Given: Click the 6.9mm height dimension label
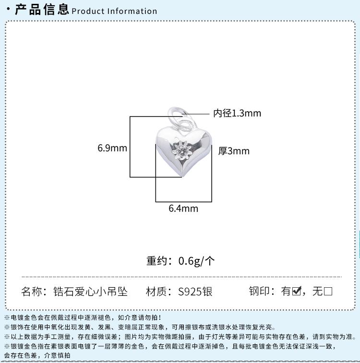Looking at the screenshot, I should (x=112, y=148).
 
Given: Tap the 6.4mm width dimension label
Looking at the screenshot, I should (x=183, y=209).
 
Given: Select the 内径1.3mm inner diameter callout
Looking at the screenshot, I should (x=237, y=114).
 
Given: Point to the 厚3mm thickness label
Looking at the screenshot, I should (x=234, y=152).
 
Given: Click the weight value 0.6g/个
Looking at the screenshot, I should (x=197, y=261).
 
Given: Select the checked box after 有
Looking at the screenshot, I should (x=296, y=291).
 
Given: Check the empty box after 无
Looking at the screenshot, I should (x=328, y=291).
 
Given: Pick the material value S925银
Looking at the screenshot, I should (x=195, y=292).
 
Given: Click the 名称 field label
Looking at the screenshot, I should (x=34, y=292).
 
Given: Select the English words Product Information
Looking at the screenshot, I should (x=114, y=11).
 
